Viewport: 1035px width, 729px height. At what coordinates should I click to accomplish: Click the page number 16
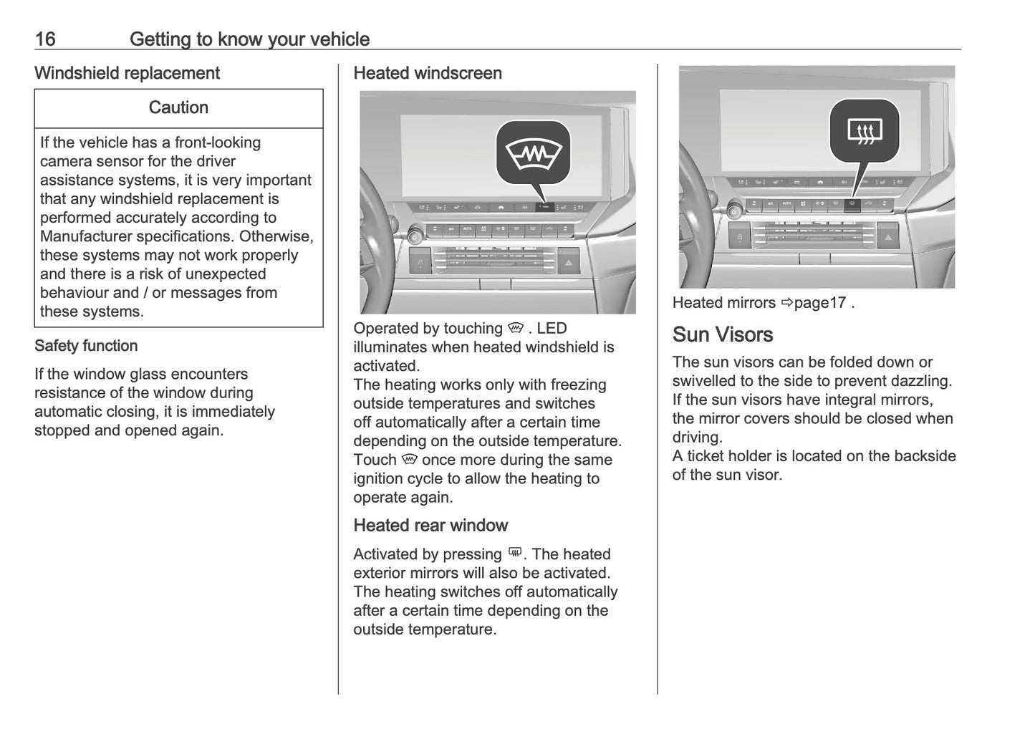(x=44, y=39)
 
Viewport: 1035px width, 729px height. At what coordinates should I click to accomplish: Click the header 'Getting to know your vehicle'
(x=249, y=39)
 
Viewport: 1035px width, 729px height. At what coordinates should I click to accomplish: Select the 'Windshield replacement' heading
(x=127, y=73)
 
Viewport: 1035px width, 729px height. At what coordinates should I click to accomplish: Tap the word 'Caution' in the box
(x=178, y=107)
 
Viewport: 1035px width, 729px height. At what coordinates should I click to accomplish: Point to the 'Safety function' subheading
(x=86, y=346)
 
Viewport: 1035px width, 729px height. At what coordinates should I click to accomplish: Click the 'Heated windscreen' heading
(x=428, y=73)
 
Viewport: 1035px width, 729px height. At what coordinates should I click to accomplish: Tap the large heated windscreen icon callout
(x=534, y=153)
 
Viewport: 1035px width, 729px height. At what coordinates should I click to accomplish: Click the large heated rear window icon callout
(x=865, y=131)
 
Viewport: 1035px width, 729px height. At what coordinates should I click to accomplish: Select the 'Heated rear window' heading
(x=430, y=526)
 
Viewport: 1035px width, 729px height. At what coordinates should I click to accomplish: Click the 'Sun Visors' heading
(x=722, y=334)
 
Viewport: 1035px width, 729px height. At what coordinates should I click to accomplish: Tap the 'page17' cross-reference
(x=820, y=303)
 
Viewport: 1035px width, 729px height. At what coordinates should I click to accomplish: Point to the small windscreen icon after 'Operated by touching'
(x=516, y=328)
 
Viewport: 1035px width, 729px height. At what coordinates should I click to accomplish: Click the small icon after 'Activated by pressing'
(x=514, y=554)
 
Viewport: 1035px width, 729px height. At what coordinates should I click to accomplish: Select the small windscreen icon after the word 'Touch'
(x=409, y=459)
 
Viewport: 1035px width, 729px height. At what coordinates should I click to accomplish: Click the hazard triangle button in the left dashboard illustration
(x=569, y=263)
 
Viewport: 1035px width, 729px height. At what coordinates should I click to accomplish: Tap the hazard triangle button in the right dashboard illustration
(x=888, y=237)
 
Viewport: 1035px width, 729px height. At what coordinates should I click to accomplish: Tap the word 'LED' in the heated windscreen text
(x=552, y=329)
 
